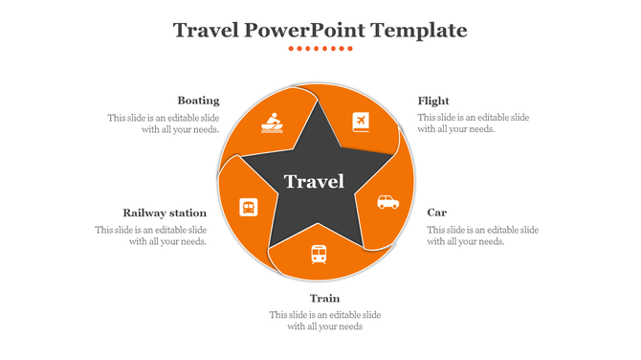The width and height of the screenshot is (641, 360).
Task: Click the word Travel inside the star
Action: coord(314,181)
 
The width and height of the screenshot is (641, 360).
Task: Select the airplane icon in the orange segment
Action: coord(361,122)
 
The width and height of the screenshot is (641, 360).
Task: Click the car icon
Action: coord(387,202)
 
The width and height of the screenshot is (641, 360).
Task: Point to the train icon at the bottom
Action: coord(319,254)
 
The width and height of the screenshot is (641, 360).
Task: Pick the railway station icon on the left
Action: coord(248,206)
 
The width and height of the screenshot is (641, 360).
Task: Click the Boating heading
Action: coord(198,101)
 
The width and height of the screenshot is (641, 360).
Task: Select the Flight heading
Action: coord(433,101)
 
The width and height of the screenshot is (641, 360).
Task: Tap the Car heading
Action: coord(436,212)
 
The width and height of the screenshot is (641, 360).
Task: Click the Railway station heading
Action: coord(165,213)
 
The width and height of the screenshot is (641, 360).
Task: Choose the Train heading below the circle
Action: coord(324,299)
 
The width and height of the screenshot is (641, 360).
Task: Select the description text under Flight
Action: coord(473,124)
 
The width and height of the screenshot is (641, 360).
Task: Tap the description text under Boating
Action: coord(164,124)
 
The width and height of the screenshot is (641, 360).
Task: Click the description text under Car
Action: coord(482,236)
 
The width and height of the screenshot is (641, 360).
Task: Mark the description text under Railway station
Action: coord(151,236)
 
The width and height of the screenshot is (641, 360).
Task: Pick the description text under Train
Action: coord(324,321)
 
